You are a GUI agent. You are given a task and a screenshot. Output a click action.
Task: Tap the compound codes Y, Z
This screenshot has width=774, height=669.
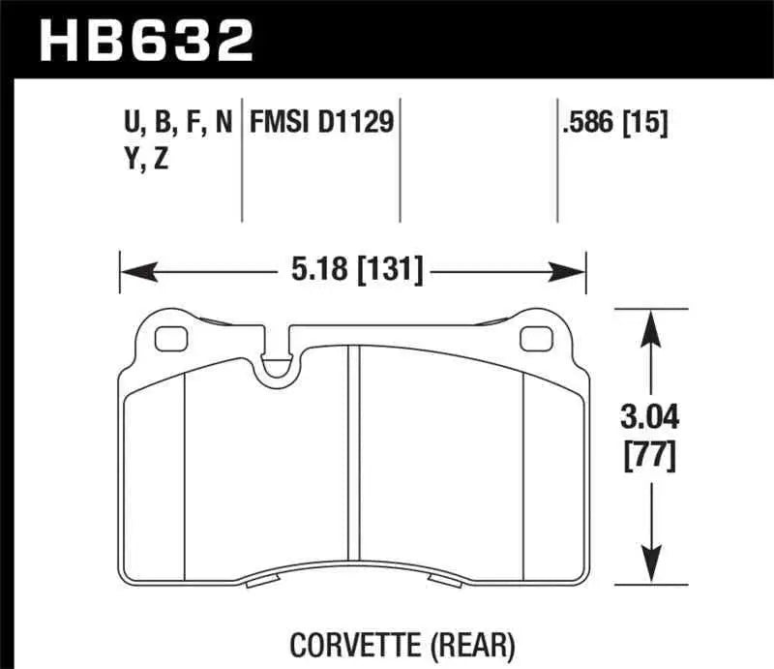[x=140, y=160]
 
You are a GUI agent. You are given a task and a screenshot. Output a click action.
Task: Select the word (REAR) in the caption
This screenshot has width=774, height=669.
[x=473, y=641]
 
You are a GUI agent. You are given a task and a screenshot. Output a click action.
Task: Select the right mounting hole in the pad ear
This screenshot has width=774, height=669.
[x=533, y=340]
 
